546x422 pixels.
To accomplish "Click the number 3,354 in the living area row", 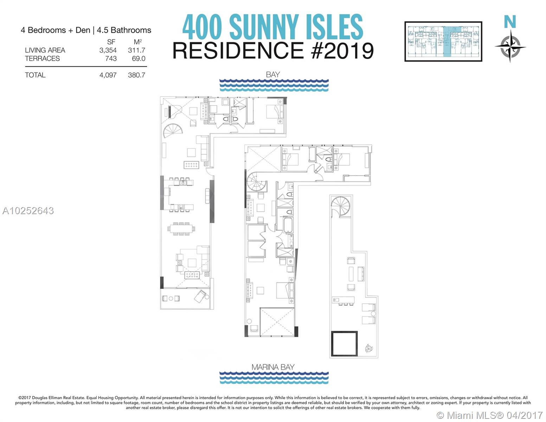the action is tap(108, 50).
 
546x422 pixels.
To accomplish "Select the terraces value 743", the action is tap(111, 59).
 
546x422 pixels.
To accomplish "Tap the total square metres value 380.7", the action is tap(136, 75).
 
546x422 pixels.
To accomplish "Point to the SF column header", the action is tap(111, 42).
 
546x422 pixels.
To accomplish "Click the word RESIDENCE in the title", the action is tap(238, 51).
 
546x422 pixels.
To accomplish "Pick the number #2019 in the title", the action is tap(342, 51).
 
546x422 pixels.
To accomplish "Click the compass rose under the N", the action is tap(510, 46).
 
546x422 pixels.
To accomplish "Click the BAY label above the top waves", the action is tap(273, 75).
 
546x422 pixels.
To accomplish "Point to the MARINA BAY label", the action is tap(273, 367).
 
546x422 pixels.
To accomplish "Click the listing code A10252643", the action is tap(28, 211).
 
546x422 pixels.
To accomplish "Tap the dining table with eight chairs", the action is tap(181, 229).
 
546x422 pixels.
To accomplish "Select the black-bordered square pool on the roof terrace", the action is tap(344, 344).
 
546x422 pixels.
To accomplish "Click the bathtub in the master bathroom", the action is tap(288, 225).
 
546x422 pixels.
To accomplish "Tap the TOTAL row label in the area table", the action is tap(35, 75).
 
